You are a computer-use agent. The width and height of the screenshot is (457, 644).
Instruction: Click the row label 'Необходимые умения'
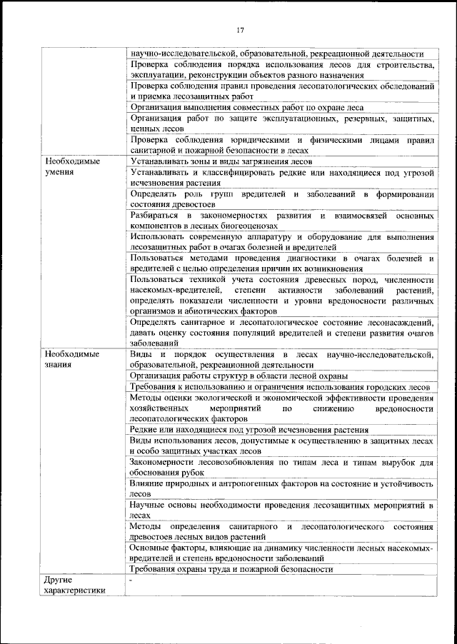[71, 167]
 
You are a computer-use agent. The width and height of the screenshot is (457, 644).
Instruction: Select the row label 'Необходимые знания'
[71, 359]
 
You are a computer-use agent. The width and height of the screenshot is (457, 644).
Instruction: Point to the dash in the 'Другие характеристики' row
[131, 581]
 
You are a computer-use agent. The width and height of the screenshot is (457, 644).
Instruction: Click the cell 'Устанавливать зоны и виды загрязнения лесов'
[221, 162]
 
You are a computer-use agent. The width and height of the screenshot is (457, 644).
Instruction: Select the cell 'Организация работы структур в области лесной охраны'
[239, 375]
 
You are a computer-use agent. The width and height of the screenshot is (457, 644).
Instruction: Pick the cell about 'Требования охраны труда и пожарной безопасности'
[231, 569]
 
